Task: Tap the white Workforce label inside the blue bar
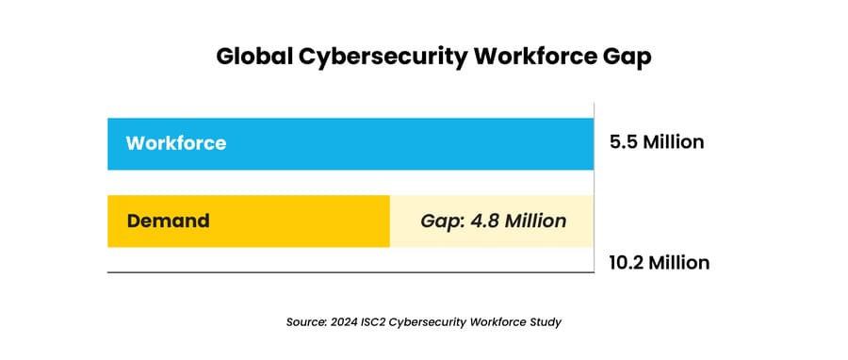[x=176, y=143]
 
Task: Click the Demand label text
[x=168, y=221]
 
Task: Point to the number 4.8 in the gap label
[x=481, y=221]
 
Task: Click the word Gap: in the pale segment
[x=440, y=221]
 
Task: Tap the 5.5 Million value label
[x=658, y=143]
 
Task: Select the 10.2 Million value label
[x=660, y=262]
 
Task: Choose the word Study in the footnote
[x=544, y=322]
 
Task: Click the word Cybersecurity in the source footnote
[x=434, y=322]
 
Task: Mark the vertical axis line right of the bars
[x=595, y=188]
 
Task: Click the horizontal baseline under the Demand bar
[x=349, y=272]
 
